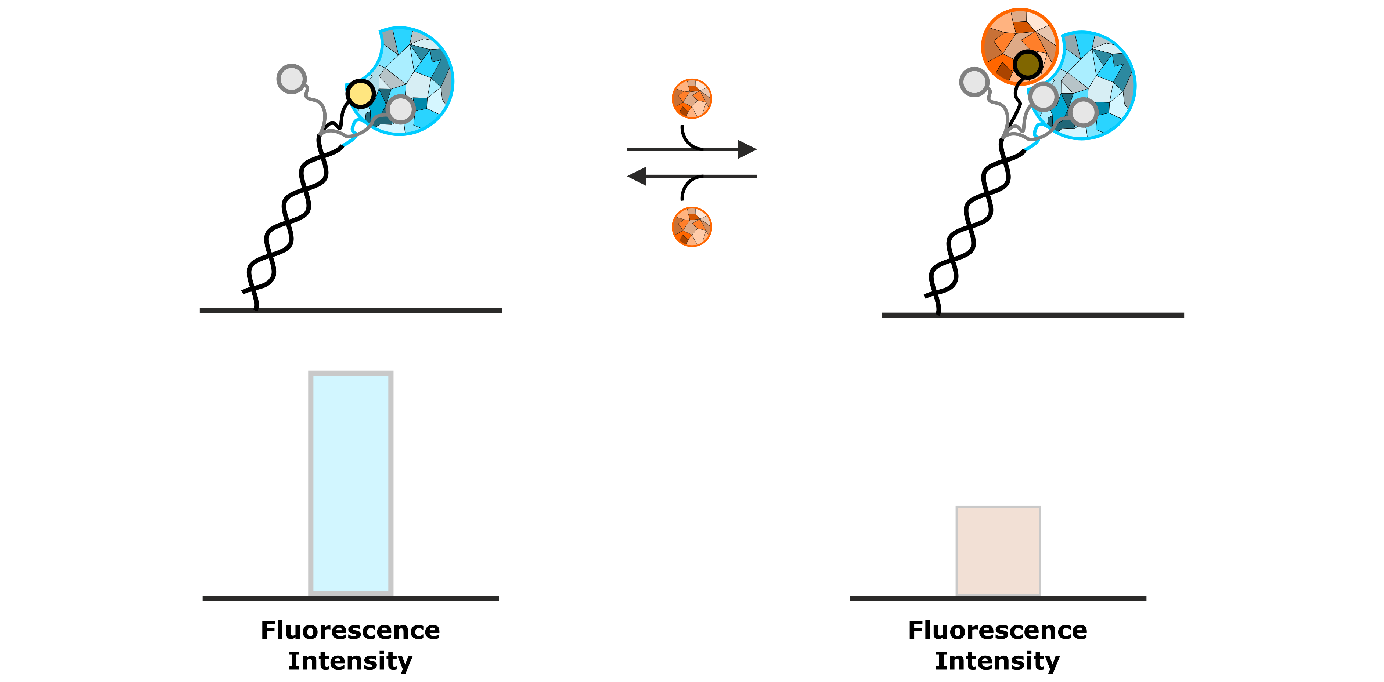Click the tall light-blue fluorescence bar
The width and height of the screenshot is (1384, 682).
pos(350,482)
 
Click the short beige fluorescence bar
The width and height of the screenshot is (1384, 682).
pos(998,551)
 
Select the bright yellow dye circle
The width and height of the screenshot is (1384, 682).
pos(360,94)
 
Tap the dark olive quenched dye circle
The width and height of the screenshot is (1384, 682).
pos(1027,65)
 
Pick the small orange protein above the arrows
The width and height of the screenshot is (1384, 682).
pos(692,98)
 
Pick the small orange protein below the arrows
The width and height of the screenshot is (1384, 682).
pos(692,226)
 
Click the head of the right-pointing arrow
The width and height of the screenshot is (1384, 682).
pos(747,149)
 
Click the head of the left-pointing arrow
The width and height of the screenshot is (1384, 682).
pos(637,176)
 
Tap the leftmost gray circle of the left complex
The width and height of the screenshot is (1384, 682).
pos(291,79)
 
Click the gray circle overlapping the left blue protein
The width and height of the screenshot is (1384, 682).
pos(400,109)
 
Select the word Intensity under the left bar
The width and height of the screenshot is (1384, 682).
pos(350,660)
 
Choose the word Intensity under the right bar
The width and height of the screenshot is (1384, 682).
pos(998,660)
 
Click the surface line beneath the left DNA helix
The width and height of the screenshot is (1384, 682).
pos(351,311)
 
